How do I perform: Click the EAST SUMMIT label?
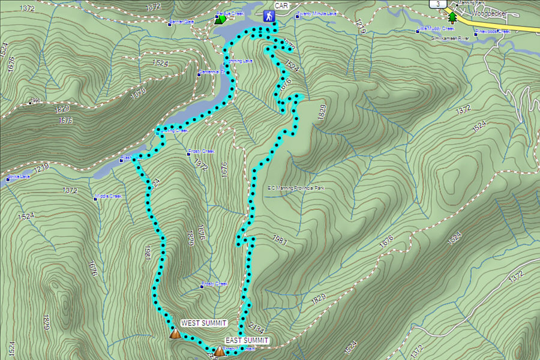coord(247,340)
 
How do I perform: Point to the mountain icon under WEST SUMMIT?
coord(175,333)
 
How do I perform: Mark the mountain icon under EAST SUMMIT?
coord(219,351)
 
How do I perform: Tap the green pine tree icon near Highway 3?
coord(452,18)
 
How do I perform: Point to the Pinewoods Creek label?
coord(493,31)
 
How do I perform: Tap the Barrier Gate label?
coord(182,22)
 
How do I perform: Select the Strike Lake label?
coord(18,177)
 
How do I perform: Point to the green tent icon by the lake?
coord(220,20)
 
